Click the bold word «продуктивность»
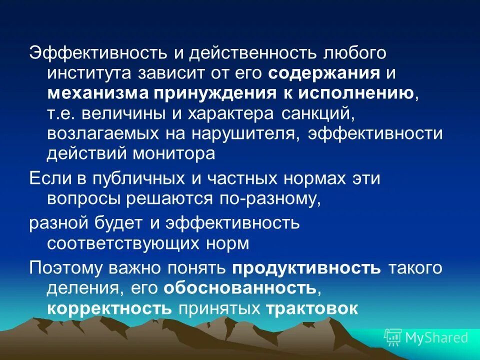coord(306,268)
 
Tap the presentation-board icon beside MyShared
coord(393,337)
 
